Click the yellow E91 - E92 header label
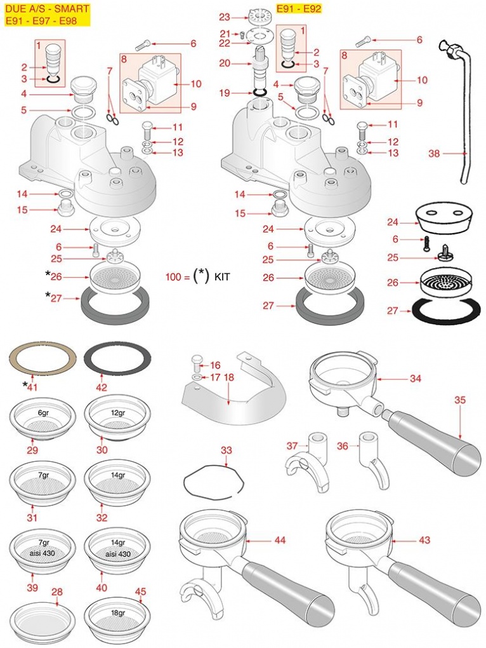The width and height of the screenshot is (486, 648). (x=299, y=10)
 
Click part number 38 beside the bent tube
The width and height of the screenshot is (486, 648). (x=435, y=153)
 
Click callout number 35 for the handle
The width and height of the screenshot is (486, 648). (x=460, y=400)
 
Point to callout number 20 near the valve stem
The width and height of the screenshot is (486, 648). (x=225, y=63)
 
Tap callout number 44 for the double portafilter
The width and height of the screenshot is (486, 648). (x=280, y=540)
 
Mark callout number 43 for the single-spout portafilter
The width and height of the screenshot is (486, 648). (x=424, y=540)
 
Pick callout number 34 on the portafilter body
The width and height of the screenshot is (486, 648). (x=415, y=379)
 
